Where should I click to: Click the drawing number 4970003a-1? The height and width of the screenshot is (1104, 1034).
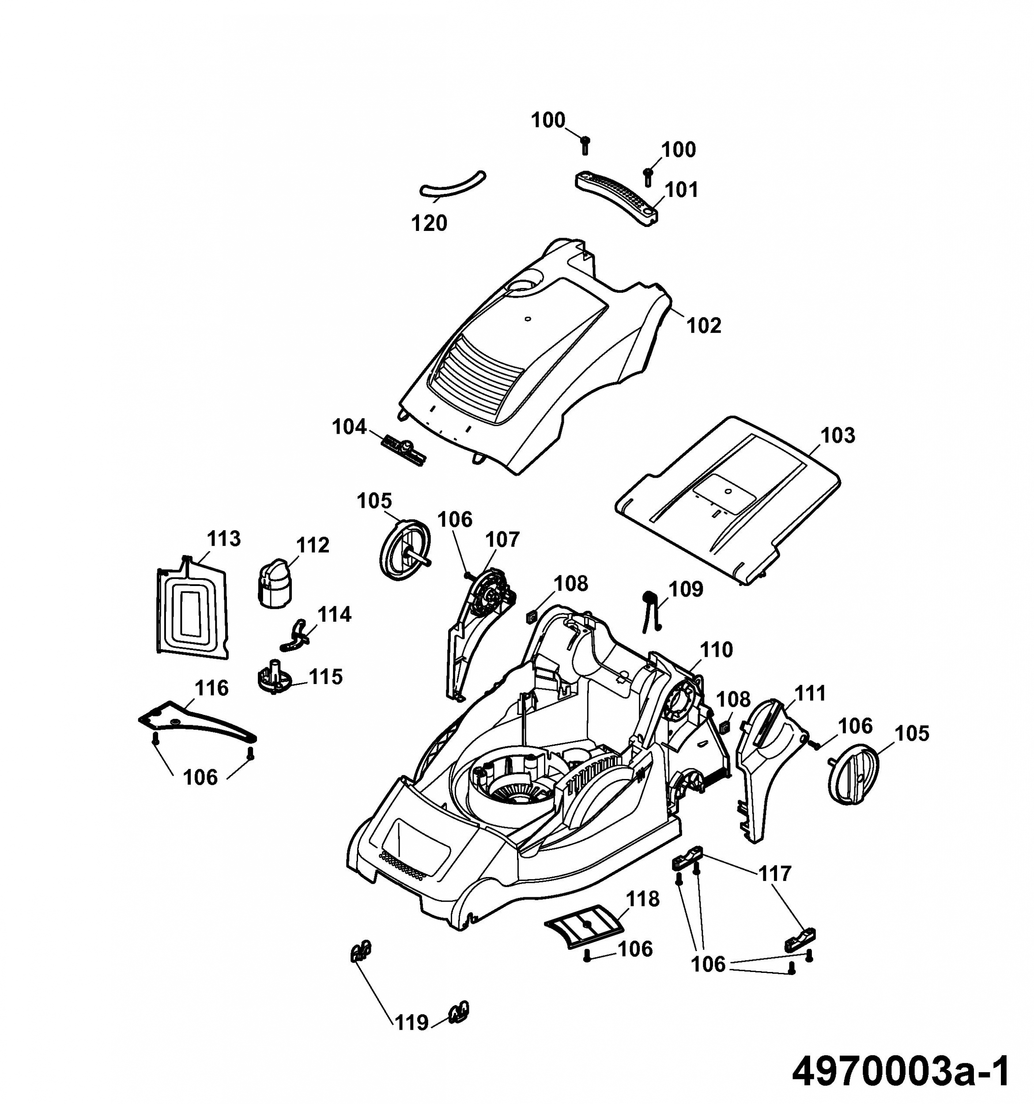[x=900, y=1071]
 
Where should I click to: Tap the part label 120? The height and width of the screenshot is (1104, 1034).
[x=429, y=223]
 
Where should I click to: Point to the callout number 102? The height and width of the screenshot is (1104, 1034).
[x=704, y=325]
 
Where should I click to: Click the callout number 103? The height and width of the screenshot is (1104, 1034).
[x=838, y=435]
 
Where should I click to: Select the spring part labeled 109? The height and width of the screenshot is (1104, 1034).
[x=650, y=610]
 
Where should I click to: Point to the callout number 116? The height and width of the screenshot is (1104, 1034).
[x=211, y=688]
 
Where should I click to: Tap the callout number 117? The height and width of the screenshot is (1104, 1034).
[x=775, y=873]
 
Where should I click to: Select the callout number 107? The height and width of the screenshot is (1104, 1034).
[x=502, y=539]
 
